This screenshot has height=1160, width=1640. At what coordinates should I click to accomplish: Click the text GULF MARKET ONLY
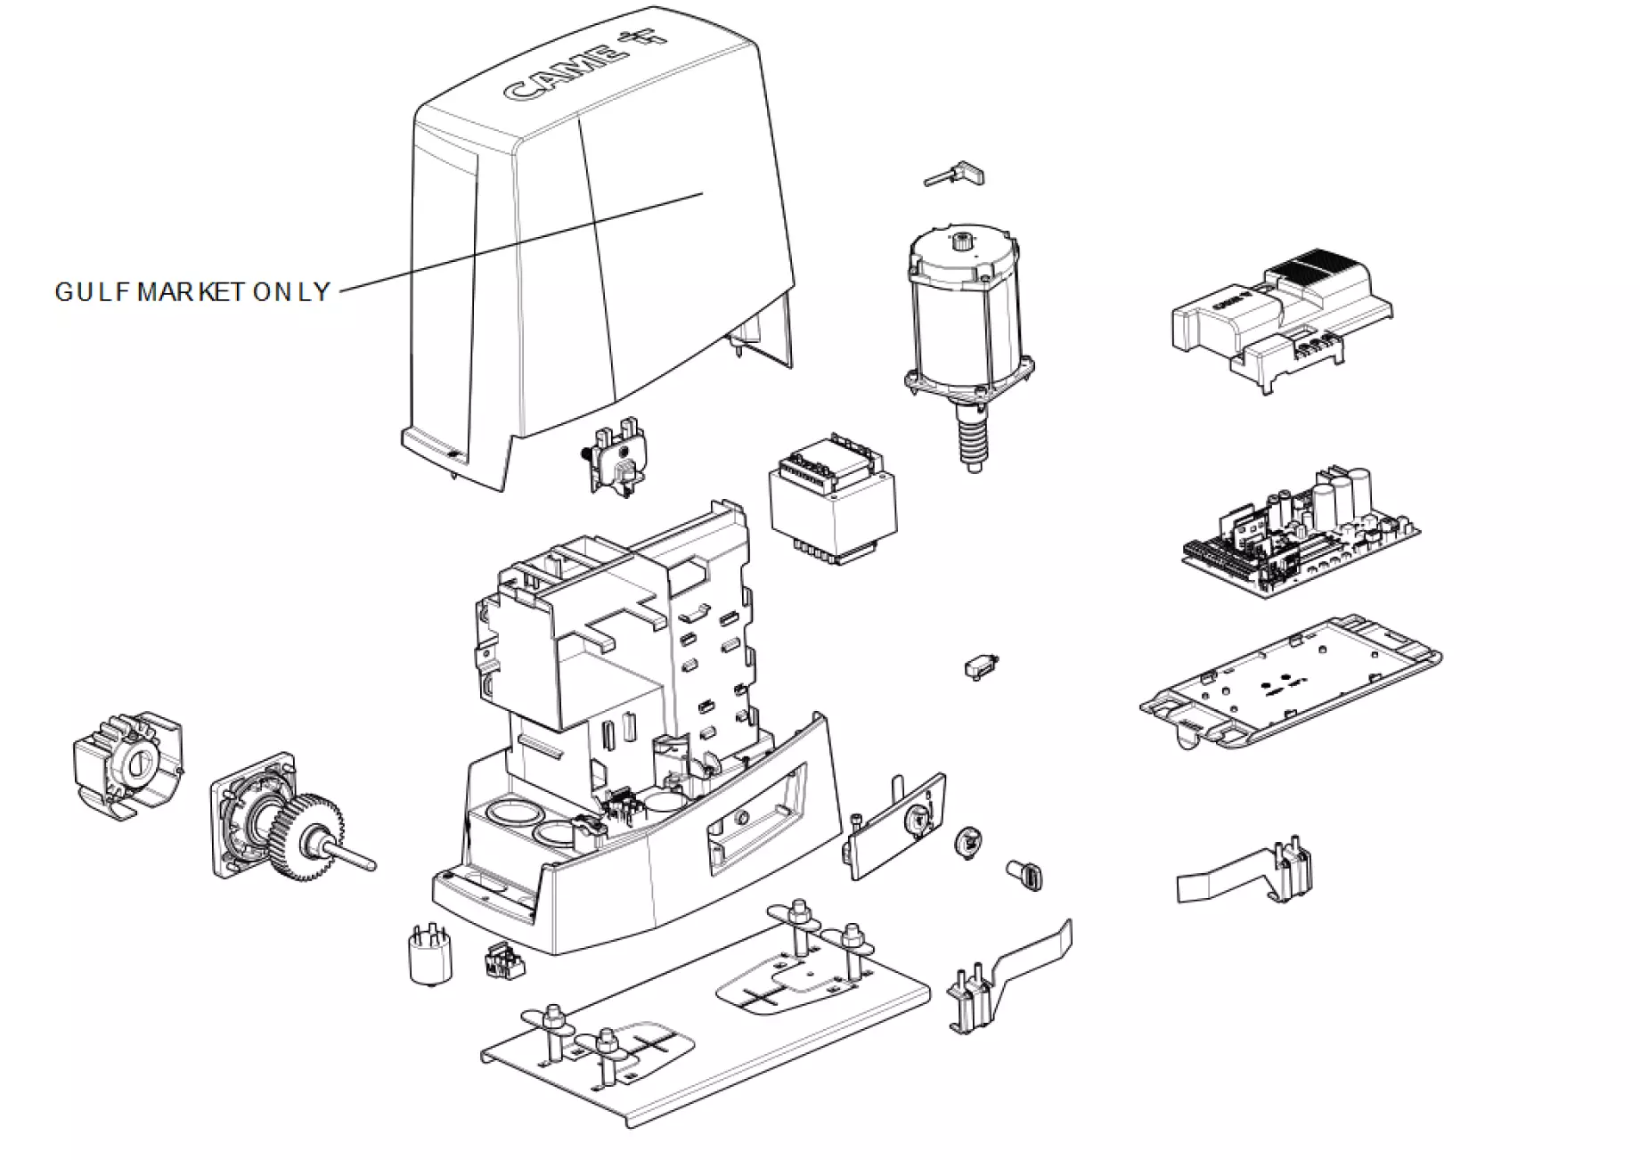(192, 292)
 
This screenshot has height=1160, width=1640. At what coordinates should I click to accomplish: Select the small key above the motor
(955, 174)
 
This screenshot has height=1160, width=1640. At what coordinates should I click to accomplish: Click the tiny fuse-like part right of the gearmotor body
(981, 667)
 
